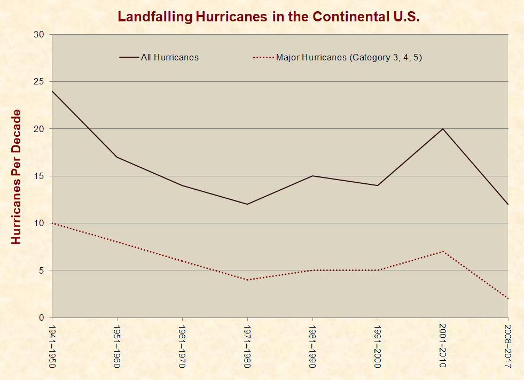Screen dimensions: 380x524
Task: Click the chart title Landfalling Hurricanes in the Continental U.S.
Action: tap(269, 17)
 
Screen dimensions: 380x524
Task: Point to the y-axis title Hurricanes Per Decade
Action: tap(17, 176)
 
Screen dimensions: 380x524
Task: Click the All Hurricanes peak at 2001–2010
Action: tap(442, 129)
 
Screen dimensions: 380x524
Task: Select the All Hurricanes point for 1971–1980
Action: tap(247, 204)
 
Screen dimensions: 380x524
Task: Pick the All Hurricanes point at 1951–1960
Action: tap(117, 157)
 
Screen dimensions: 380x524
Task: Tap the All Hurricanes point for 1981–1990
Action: tap(312, 176)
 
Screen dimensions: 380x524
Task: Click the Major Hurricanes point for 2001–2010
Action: tap(442, 251)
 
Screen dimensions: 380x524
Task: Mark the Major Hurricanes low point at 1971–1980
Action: tap(247, 280)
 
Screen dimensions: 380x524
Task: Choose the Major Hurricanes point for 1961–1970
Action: tap(182, 261)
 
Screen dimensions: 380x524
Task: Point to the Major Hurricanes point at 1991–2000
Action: tap(377, 270)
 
